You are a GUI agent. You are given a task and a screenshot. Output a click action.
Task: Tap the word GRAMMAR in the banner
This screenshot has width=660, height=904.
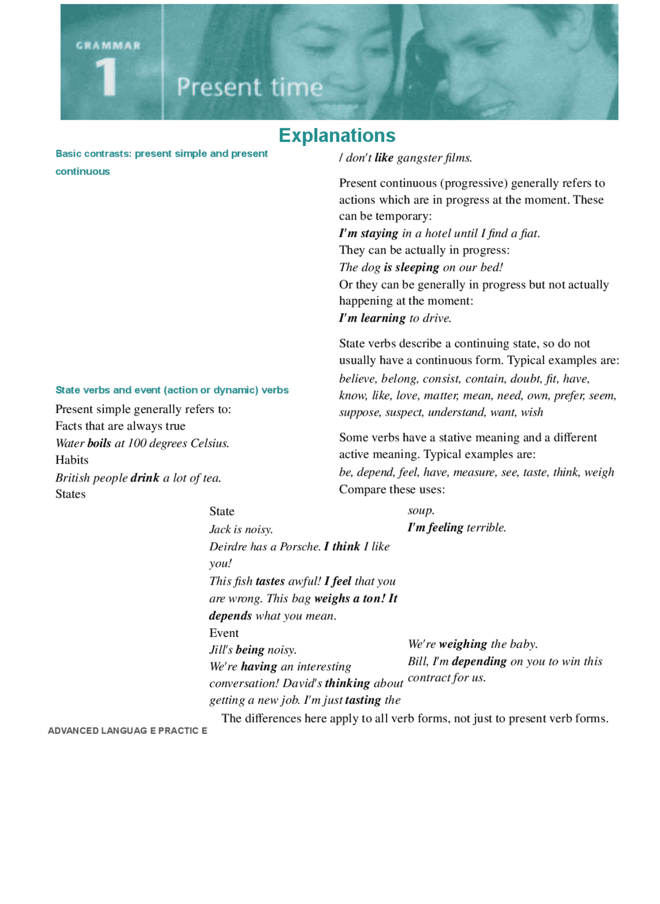coord(108,45)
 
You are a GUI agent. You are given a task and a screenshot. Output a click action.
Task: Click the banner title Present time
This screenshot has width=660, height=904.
coord(250,87)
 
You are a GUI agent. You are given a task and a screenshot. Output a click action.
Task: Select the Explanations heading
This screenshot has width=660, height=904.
coord(337,135)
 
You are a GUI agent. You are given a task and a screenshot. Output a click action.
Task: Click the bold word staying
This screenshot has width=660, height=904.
coord(379,233)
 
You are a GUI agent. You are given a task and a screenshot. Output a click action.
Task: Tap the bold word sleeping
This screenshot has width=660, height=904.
coord(417,267)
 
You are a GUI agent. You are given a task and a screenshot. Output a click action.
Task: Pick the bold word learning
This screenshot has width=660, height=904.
coord(383,318)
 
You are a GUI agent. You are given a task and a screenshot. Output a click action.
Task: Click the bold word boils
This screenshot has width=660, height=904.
coord(99,443)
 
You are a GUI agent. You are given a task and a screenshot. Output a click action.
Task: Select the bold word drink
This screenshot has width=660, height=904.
coord(145,478)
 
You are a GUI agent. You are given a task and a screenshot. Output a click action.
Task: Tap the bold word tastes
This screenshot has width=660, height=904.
coord(270,581)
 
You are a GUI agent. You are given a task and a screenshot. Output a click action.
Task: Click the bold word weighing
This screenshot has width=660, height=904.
coord(463,644)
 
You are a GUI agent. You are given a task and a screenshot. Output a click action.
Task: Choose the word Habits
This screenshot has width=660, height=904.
coord(72,460)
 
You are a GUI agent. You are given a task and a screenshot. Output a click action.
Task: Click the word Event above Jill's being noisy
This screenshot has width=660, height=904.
coord(224,633)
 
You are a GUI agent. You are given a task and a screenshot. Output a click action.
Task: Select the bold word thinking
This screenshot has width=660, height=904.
coord(347,683)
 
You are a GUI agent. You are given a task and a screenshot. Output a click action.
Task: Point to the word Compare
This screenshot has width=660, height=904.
coord(360,489)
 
